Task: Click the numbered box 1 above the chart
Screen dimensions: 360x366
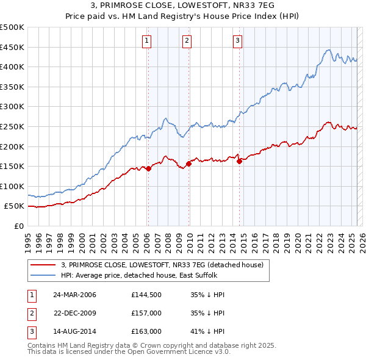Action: tap(148, 41)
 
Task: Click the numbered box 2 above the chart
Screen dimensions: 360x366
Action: tap(187, 41)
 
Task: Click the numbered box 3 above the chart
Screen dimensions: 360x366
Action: tap(237, 41)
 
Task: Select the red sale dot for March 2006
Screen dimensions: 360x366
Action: tap(148, 168)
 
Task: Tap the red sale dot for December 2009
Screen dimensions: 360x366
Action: tap(189, 164)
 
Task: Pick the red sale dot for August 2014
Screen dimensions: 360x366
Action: tap(239, 161)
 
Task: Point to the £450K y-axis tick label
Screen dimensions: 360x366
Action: tap(12, 47)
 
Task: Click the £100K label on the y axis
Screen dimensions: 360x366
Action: tap(12, 186)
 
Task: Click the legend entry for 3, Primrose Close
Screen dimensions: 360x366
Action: tap(162, 265)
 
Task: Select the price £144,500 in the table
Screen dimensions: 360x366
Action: tap(146, 295)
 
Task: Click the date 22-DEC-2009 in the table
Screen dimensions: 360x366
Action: tap(74, 314)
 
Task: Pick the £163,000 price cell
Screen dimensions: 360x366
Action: tap(146, 333)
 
